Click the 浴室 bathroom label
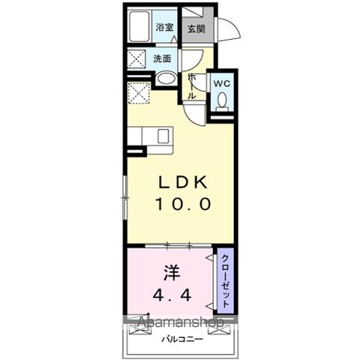164,27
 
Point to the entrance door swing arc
228,28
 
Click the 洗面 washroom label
163,58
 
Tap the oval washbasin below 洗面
166,77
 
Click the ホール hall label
193,85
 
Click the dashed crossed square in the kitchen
139,93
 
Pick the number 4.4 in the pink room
173,294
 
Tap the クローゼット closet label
224,281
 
